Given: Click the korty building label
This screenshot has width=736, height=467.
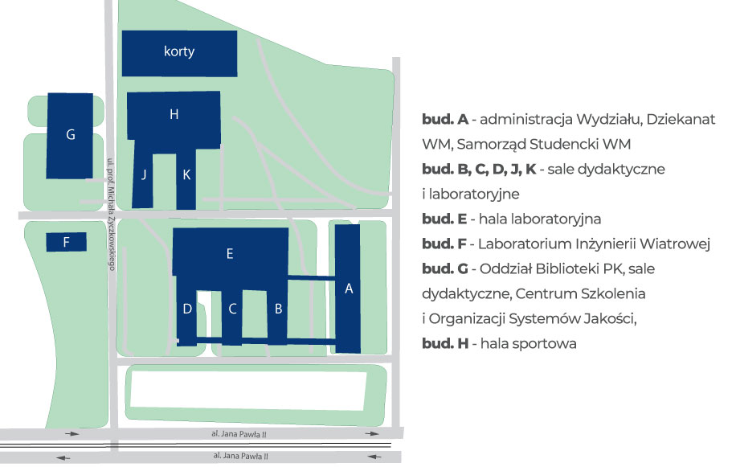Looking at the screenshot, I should click(x=179, y=52).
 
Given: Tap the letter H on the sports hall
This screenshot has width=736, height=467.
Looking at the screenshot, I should click(x=174, y=115).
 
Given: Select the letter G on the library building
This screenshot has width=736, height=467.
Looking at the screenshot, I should click(x=71, y=135).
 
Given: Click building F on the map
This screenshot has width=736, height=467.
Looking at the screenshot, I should click(x=67, y=242).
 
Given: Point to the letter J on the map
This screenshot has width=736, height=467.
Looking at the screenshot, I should click(x=144, y=174).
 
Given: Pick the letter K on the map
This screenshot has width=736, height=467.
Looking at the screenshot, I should click(x=186, y=174).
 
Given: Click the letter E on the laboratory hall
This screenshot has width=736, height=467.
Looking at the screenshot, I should click(x=230, y=254).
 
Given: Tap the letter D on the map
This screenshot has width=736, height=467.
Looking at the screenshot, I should click(x=187, y=309).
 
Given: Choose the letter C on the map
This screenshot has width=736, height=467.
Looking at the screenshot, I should click(x=232, y=309).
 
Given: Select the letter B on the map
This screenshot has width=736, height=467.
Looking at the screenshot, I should click(x=278, y=309).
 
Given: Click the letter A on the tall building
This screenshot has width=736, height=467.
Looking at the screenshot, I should click(x=349, y=290).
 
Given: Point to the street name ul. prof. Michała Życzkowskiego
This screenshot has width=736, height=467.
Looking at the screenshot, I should click(x=111, y=212).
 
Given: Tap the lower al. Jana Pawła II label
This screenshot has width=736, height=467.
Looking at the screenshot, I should click(x=240, y=456).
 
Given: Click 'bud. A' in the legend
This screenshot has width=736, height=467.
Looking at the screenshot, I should click(x=444, y=120).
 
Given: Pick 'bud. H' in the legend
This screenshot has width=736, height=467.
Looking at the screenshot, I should click(x=444, y=344).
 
